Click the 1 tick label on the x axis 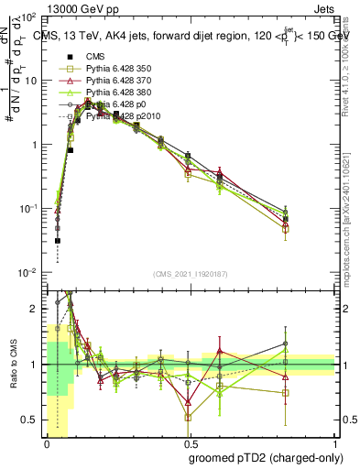pyautogui.click(x=336, y=442)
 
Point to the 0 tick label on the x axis pyautogui.click(x=47, y=442)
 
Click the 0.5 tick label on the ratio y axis pyautogui.click(x=32, y=420)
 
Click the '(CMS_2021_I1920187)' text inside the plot pyautogui.click(x=191, y=274)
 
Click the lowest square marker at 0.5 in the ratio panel pyautogui.click(x=188, y=418)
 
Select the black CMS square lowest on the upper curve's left pyautogui.click(x=57, y=241)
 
